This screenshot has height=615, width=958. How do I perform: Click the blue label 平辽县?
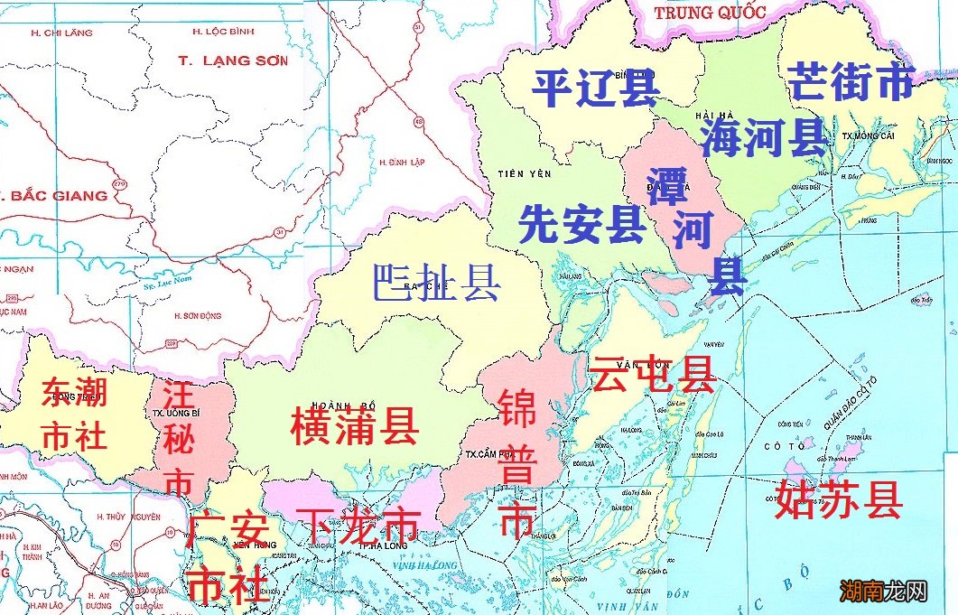coord(594,88)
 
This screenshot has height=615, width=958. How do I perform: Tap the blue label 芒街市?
coord(851,82)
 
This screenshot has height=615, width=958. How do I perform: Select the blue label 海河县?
coord(764,137)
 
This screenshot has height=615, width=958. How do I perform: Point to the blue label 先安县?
coord(581,224)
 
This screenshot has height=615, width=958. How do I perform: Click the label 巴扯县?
coord(436,283)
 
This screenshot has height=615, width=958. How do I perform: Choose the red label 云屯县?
coord(652,373)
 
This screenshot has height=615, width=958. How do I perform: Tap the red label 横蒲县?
coord(355,425)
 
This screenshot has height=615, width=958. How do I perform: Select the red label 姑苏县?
coord(839,499)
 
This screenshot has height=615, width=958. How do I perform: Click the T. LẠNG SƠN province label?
coord(233,61)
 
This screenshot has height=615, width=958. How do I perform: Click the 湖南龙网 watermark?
coord(883,592)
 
